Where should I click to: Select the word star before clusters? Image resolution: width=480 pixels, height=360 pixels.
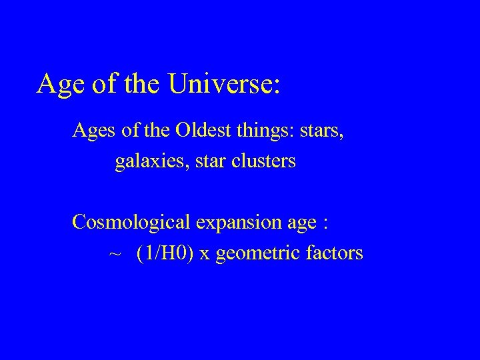coord(209,162)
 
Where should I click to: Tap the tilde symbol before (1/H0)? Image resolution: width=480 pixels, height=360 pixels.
coord(114,254)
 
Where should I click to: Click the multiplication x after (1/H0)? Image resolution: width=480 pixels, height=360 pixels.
coord(204,255)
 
